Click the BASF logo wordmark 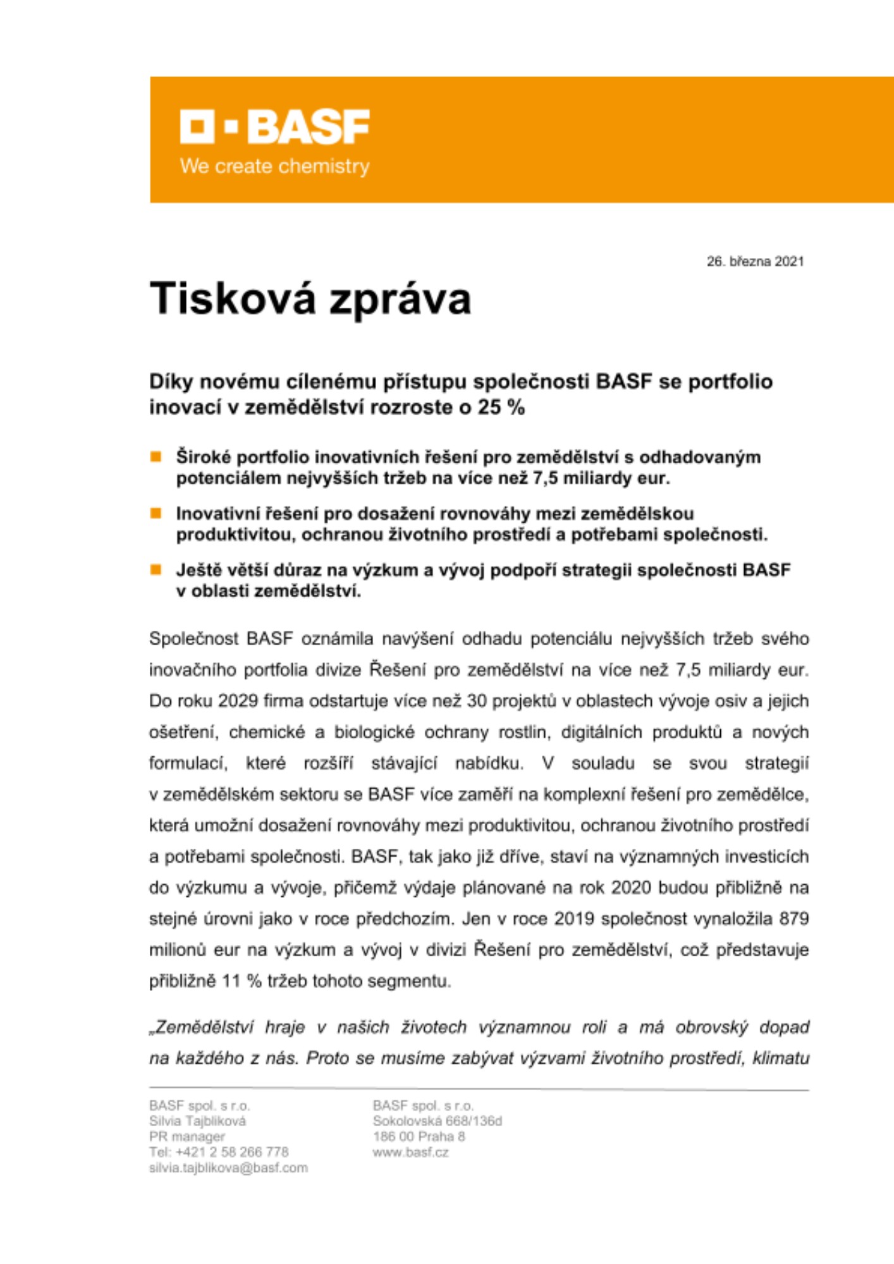pos(275,126)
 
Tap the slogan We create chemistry pos(274,166)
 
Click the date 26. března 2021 pos(755,261)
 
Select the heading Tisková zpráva pos(310,299)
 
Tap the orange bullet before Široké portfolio pos(156,457)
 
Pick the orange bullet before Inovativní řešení pos(156,513)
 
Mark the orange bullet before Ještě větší pos(156,569)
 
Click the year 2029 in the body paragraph pos(238,701)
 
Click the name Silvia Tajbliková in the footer pos(197,1121)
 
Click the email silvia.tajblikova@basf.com pos(228,1168)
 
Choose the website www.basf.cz pos(410,1152)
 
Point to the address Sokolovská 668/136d pos(437,1121)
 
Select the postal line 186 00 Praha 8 pos(419,1136)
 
